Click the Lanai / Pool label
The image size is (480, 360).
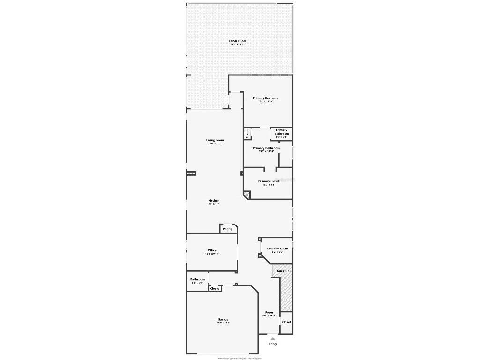[x=237, y=41]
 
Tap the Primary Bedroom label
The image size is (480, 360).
[x=265, y=98]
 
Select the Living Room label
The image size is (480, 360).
[x=215, y=140]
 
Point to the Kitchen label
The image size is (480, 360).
[x=214, y=201]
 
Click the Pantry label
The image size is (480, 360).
[x=227, y=229]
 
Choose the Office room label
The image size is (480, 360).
[x=212, y=250]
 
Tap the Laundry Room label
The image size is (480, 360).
[x=277, y=248]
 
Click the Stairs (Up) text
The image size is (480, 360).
[x=283, y=271]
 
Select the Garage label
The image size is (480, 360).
[x=223, y=320]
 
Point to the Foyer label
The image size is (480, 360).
[x=269, y=312]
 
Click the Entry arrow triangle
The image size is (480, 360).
[x=273, y=338]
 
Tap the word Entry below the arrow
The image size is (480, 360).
[x=273, y=344]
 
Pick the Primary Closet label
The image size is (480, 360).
[x=269, y=181]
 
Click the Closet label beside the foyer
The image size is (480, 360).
[x=286, y=322]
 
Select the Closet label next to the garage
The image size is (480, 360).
[x=215, y=289]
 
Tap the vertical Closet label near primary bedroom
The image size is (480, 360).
[x=247, y=134]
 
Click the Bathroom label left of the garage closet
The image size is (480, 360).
[x=197, y=280]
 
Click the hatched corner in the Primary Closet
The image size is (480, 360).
[x=247, y=193]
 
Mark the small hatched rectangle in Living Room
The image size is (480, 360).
[x=191, y=173]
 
